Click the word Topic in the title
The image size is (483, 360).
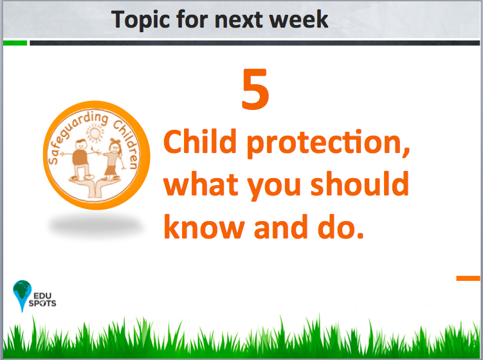(140, 20)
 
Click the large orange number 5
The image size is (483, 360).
(255, 89)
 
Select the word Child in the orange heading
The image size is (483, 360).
(199, 141)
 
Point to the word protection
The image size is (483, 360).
(329, 143)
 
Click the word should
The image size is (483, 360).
(360, 184)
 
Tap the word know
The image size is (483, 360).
(204, 227)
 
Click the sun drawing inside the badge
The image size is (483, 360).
(95, 132)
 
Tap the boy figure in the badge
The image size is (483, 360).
(80, 159)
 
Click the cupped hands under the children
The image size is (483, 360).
(95, 188)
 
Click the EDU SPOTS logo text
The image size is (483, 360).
(42, 300)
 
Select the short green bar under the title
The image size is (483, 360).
(15, 43)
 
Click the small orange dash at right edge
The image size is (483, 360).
(468, 278)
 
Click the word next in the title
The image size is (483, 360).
(239, 20)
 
